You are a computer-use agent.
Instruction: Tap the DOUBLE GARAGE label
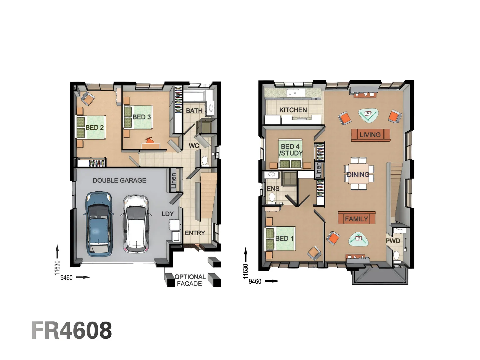tap(119, 180)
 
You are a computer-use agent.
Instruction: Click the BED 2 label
tap(94, 127)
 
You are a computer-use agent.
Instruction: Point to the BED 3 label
tap(142, 117)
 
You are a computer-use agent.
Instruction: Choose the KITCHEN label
tap(293, 110)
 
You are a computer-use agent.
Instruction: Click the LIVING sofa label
tap(370, 135)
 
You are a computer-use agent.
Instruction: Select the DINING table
tap(359, 174)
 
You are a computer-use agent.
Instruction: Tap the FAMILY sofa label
tap(356, 219)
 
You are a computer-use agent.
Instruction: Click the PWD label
tap(393, 241)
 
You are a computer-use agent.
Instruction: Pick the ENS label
tap(273, 189)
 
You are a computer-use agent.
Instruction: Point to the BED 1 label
tap(284, 238)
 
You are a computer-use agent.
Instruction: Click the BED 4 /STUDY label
tap(291, 150)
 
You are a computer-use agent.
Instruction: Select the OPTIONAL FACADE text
tap(190, 280)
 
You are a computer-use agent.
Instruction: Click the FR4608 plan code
tap(72, 330)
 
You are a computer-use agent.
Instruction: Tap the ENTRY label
tap(195, 233)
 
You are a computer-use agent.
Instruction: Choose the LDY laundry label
tap(167, 214)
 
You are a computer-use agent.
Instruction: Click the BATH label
tap(194, 111)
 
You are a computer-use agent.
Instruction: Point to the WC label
tap(194, 146)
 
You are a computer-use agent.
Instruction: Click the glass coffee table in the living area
tap(368, 115)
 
